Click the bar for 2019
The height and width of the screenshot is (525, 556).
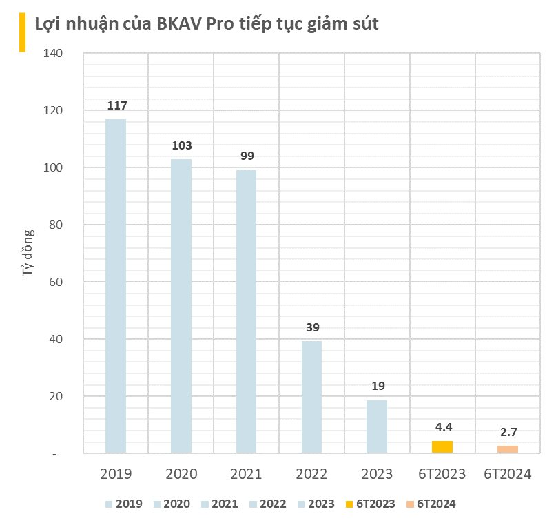pos(115,286)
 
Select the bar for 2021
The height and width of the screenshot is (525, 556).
pos(246,311)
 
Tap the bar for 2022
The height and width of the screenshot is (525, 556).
pos(311,397)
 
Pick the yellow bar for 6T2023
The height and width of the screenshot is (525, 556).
pos(442,447)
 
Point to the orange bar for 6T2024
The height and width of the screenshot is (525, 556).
pos(508,449)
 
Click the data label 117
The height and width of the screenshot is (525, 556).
pos(116,105)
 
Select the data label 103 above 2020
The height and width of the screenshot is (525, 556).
pos(181,145)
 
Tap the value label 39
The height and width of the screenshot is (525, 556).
pos(312,327)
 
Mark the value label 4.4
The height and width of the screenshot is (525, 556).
pos(442,427)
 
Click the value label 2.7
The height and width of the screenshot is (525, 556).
pos(508,432)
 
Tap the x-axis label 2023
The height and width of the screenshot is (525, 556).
pos(377,474)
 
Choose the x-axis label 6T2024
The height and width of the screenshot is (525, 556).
pos(508,474)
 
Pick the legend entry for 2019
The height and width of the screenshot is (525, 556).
pos(124,504)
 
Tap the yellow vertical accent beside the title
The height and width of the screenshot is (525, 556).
pos(21,31)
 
